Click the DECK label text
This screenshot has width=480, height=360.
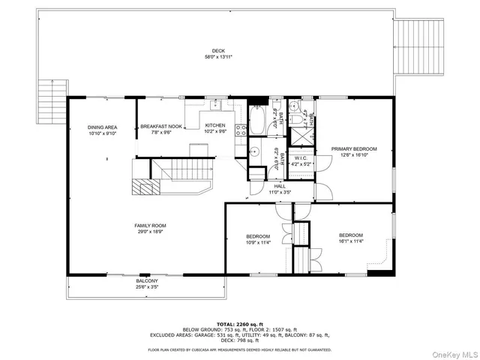[x=217, y=51]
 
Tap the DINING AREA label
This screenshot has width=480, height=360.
[x=101, y=127]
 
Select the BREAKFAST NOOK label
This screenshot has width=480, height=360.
[x=161, y=127]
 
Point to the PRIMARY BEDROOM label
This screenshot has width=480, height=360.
[x=354, y=148]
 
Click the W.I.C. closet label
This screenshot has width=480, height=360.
[x=300, y=158]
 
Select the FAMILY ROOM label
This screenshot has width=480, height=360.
[x=150, y=226]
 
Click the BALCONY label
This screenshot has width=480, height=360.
[x=146, y=281]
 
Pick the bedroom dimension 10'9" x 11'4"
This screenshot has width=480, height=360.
[x=258, y=243]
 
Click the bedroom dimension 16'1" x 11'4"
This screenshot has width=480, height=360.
[x=350, y=241]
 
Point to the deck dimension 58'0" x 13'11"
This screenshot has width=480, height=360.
[x=217, y=57]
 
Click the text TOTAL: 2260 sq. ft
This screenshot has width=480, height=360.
[x=239, y=324]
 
